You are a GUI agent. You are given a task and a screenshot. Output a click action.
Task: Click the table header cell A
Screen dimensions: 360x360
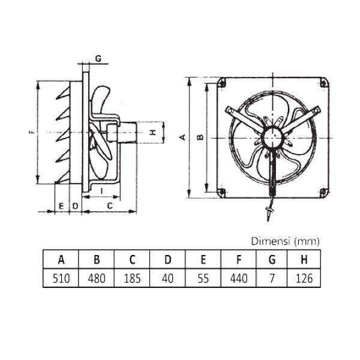coord(61,260)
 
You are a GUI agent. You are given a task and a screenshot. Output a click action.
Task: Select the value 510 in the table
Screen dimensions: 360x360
coord(61,278)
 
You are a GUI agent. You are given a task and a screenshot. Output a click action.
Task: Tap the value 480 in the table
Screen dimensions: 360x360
coord(96,278)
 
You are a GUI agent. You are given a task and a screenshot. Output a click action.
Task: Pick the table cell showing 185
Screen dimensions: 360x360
coord(132,278)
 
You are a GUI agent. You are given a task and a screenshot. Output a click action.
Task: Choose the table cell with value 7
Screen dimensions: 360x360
coord(274,278)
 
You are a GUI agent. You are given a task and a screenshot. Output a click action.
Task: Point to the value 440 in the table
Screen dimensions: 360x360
coord(239,278)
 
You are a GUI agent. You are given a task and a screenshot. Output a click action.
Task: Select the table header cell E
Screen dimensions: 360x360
coord(203,260)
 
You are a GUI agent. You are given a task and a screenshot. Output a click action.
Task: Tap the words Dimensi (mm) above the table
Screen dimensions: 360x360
coord(285,241)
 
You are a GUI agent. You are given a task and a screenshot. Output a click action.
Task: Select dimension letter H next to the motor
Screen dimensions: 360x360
coord(152,131)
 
